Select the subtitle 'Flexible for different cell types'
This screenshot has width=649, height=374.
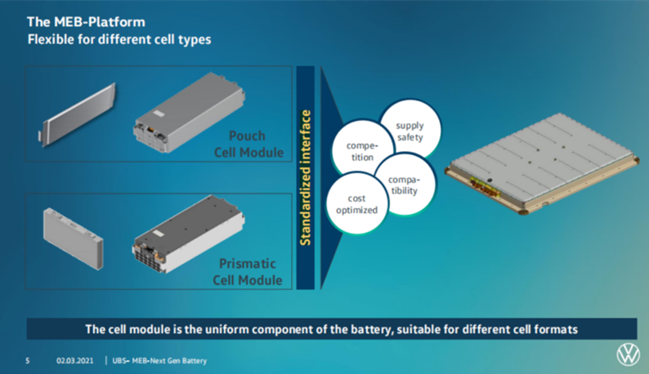pos(119,39)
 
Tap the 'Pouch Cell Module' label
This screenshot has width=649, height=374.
pos(248,145)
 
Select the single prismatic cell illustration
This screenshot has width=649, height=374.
pos(74,237)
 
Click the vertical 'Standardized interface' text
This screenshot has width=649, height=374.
pos(305,178)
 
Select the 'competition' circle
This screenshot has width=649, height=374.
pos(357,150)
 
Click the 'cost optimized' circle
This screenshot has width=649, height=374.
pos(357,204)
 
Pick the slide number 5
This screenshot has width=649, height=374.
pos(27,360)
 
